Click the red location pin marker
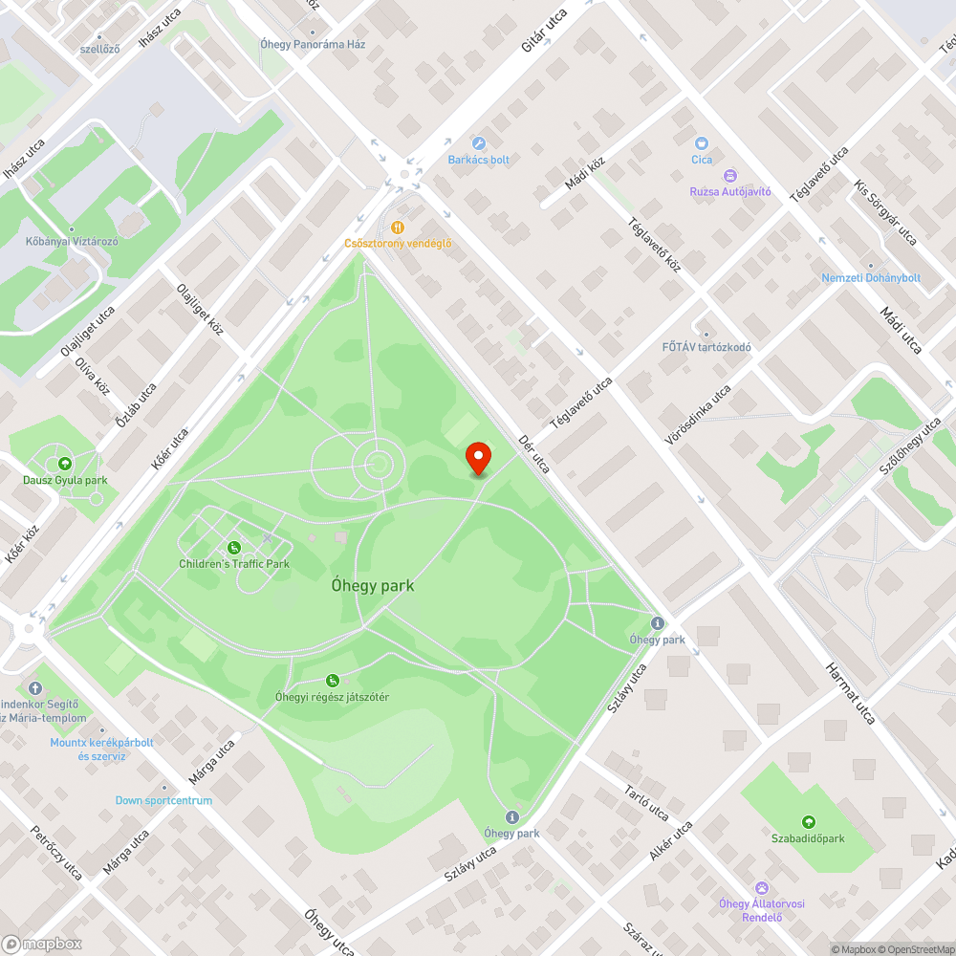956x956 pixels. [x=477, y=458]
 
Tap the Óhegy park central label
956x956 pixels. [x=373, y=585]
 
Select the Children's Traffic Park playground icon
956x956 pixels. [x=234, y=548]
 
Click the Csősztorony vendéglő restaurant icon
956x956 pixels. [x=398, y=228]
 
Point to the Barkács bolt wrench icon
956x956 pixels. [x=479, y=144]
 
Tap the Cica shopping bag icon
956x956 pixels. [x=702, y=143]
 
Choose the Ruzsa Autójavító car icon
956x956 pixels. [x=730, y=176]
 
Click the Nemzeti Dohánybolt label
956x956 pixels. [x=871, y=278]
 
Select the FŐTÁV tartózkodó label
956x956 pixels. [x=707, y=347]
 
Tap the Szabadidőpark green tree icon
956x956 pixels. [x=809, y=822]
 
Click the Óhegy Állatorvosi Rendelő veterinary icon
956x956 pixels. [x=762, y=888]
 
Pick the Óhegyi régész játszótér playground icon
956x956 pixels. [x=333, y=681]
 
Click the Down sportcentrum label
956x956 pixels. [x=163, y=800]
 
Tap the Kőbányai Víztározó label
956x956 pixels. [x=72, y=242]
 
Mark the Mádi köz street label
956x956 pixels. [x=585, y=174]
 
